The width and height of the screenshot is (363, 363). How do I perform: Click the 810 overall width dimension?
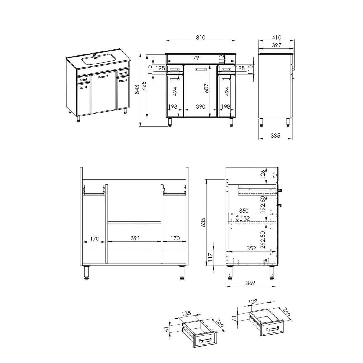click(201, 38)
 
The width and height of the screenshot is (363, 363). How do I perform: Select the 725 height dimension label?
click(144, 86)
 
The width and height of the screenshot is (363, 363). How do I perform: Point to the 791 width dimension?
click(197, 58)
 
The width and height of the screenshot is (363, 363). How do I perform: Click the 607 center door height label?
click(207, 88)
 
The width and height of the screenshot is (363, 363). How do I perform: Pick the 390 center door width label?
click(201, 106)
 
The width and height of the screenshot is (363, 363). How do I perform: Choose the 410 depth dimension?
click(276, 38)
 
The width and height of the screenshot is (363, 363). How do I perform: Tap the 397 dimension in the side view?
click(276, 45)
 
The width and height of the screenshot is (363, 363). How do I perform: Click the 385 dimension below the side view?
click(275, 136)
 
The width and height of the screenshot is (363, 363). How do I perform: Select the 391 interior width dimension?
click(135, 238)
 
